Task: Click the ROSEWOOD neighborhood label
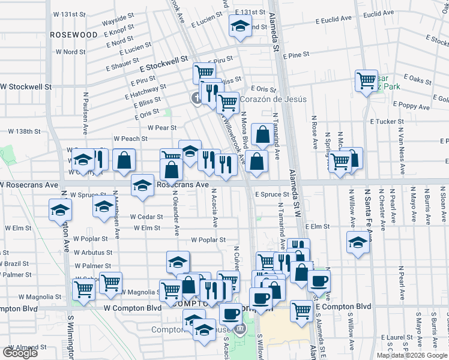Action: pos(73,35)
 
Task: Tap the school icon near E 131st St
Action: pos(241,27)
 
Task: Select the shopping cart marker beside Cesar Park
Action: pos(366,80)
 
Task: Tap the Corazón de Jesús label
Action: pos(273,99)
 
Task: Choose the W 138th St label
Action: pos(23,131)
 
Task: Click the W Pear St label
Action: pos(162,127)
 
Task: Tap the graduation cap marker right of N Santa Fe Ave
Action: pos(358,243)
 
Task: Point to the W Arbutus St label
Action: pos(93,253)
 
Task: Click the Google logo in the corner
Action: pos(20,353)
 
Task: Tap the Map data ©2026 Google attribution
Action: pos(412,355)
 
